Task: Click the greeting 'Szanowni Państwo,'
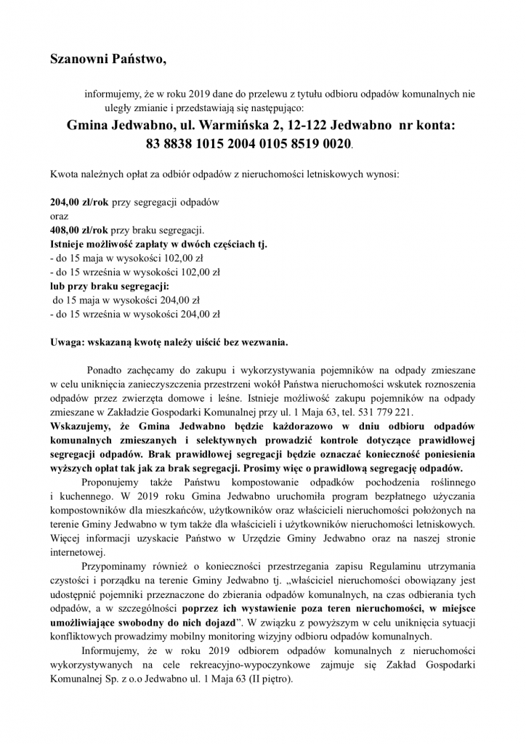108,60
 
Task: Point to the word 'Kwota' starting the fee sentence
63,175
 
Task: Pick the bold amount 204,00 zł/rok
78,203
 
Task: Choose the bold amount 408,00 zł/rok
78,230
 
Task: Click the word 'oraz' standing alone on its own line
58,217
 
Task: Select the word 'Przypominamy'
114,564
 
